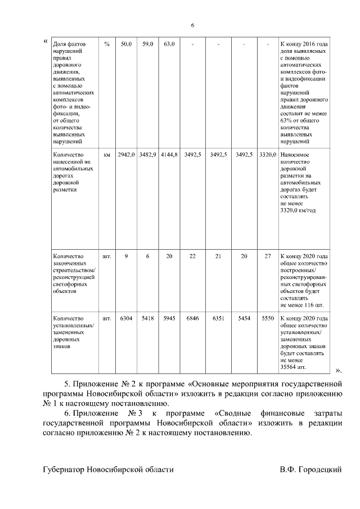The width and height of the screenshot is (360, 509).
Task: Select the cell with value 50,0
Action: [x=126, y=44]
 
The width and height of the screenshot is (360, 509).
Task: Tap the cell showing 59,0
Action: [x=147, y=44]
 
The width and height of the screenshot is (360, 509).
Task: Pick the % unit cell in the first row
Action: [x=107, y=44]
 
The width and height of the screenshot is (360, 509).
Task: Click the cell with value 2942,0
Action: [x=126, y=154]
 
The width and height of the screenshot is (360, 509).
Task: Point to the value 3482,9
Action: [x=147, y=154]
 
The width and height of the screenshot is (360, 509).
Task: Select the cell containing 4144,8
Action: [x=169, y=154]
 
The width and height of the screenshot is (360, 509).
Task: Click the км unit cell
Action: [x=107, y=154]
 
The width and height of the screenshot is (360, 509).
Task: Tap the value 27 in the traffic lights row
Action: [x=268, y=256]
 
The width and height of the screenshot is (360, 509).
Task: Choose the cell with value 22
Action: [x=192, y=256]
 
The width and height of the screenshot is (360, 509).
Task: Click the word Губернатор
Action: [x=66, y=469]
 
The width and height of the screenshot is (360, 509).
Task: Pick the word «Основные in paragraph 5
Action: [x=203, y=384]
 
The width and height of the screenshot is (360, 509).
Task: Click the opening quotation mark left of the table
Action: [x=45, y=41]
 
